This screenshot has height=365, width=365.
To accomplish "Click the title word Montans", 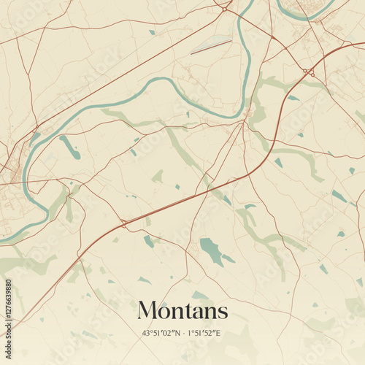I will point(182,310).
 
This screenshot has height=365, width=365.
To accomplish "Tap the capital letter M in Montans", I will point(148,310).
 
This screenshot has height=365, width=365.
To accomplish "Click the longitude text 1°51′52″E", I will point(204,333).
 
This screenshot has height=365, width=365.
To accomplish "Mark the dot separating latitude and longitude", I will point(183,333).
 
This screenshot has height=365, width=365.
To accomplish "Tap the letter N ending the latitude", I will point(177,333).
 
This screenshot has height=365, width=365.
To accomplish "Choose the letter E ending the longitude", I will point(220,333).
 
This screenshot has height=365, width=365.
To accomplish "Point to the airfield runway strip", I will point(212,45).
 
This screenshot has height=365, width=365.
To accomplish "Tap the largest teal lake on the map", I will point(211,250).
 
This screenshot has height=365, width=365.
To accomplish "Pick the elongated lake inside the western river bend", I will point(71,147).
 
